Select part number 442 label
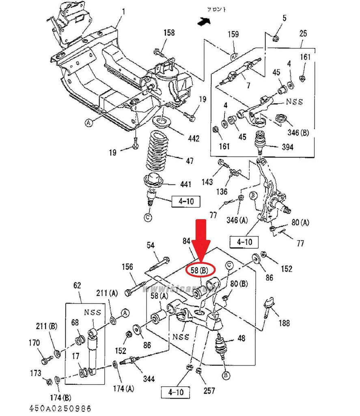click(194, 139)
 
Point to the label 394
click(288, 147)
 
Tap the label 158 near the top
click(169, 33)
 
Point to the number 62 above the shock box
click(77, 286)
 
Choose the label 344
click(149, 379)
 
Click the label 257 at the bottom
click(209, 391)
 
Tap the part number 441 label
click(185, 184)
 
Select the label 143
click(207, 182)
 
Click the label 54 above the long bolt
click(151, 245)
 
